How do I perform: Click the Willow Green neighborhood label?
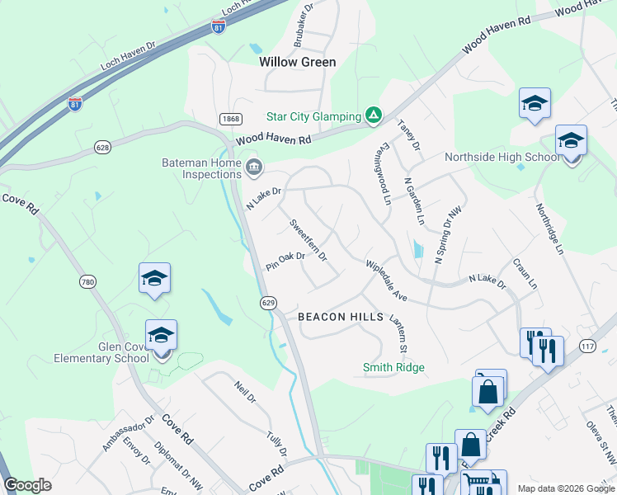[x=297, y=62]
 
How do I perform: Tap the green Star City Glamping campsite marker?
[x=374, y=115]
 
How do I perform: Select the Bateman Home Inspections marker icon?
[x=254, y=168]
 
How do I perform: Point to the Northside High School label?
[x=502, y=158]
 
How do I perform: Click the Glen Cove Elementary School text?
[x=101, y=352]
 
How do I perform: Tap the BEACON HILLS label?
[x=340, y=317]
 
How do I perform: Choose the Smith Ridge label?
[x=393, y=367]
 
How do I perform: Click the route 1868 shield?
[x=230, y=120]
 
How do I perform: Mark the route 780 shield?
[x=87, y=282]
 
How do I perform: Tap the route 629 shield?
[x=267, y=303]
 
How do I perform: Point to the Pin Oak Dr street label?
[x=285, y=262]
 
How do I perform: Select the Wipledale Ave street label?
[x=387, y=282]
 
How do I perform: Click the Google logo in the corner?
[x=28, y=484]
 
